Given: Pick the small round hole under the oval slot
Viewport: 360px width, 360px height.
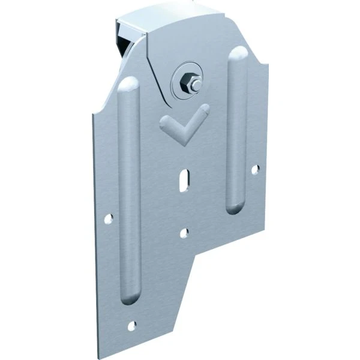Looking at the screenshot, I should point(185,232).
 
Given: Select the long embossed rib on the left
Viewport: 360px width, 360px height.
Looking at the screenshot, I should point(130,192).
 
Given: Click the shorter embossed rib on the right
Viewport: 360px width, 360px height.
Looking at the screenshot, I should point(238,132).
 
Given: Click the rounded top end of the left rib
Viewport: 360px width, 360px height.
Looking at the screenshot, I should point(130,84).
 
